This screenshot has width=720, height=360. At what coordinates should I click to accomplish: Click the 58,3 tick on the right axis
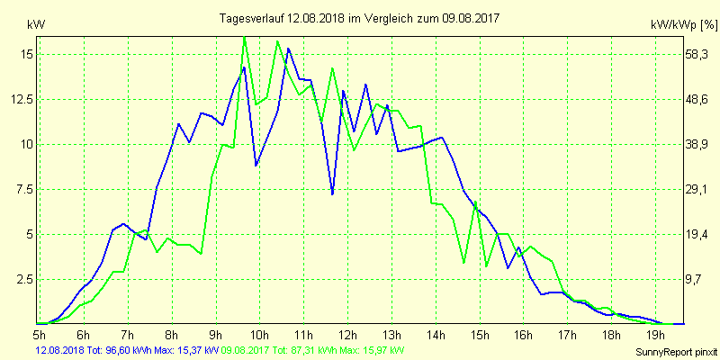(697, 54)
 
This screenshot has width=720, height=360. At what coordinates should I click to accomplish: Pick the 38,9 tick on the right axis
(697, 144)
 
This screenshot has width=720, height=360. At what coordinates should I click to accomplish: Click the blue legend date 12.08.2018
(59, 349)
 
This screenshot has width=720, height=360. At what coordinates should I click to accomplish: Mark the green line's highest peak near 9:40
(245, 37)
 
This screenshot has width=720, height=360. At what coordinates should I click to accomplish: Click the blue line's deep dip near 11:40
(332, 193)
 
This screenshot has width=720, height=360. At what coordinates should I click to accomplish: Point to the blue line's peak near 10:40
(288, 49)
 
